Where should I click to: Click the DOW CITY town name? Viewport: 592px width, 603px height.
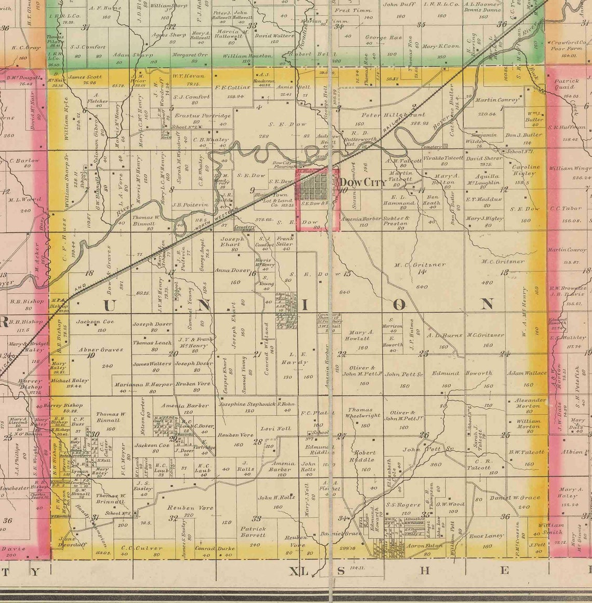coord(363,182)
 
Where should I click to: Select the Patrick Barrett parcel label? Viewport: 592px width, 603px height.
coord(253,531)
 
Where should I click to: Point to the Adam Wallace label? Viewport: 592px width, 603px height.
coord(527,373)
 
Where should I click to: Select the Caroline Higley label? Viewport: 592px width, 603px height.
coord(527,171)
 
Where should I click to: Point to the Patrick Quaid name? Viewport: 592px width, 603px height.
coord(566,84)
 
